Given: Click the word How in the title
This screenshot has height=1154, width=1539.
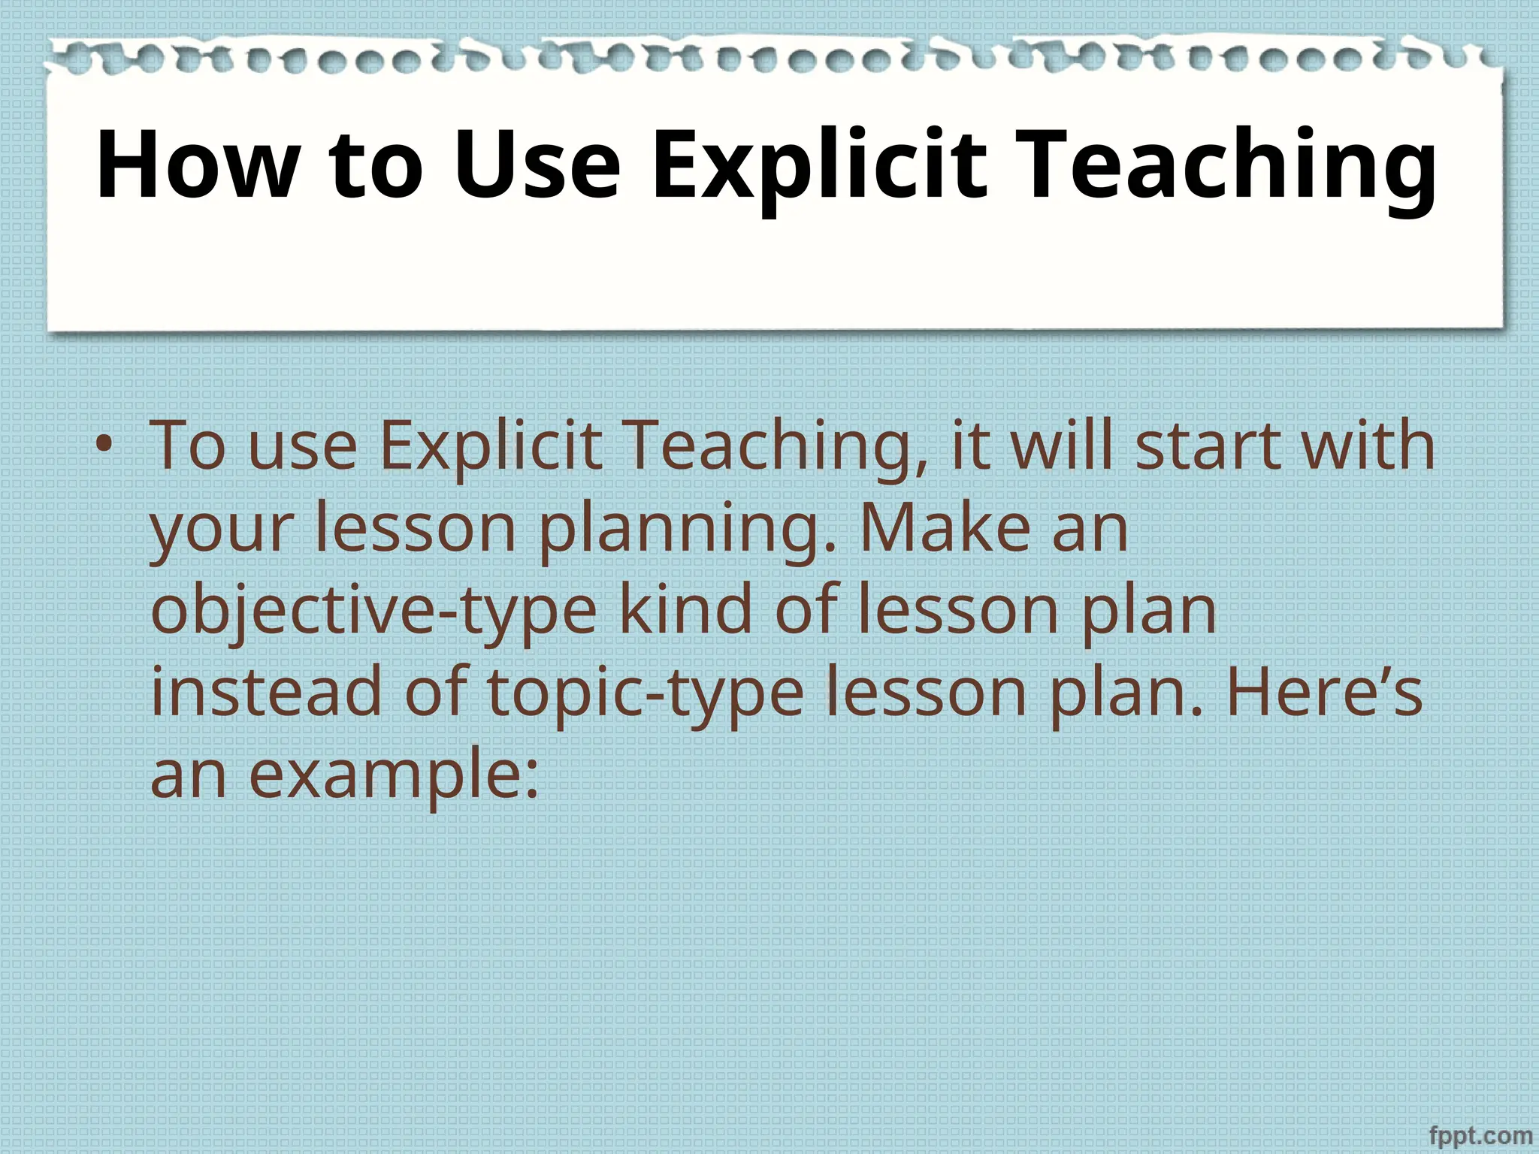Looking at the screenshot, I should click(198, 165).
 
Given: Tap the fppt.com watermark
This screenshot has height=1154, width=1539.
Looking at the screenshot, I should click(1480, 1135).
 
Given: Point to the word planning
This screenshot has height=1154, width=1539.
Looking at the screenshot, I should click(688, 529).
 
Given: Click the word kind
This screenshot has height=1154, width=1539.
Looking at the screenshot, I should click(685, 610).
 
